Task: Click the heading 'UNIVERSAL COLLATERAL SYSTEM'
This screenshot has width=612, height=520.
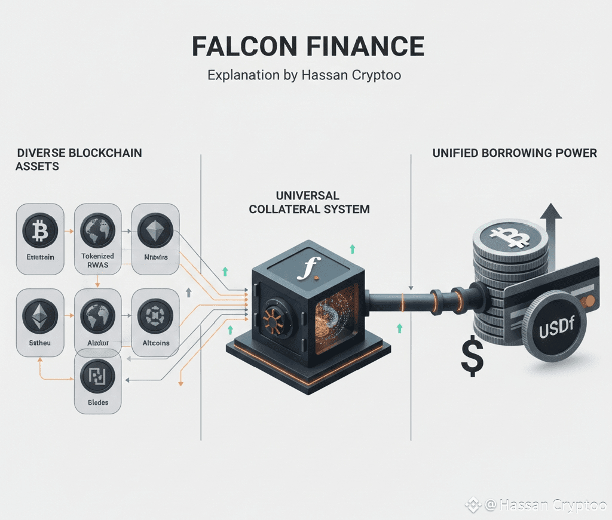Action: [309, 202]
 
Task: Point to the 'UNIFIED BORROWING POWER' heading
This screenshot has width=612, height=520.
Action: [514, 153]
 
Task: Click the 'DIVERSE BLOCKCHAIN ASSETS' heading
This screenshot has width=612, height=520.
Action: [79, 159]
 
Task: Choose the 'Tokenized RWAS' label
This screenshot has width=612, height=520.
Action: [97, 260]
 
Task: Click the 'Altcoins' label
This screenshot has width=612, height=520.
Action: [156, 343]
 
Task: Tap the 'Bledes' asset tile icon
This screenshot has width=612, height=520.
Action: [97, 376]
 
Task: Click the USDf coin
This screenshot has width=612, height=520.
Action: [555, 330]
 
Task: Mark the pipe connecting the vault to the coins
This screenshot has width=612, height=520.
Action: [418, 299]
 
